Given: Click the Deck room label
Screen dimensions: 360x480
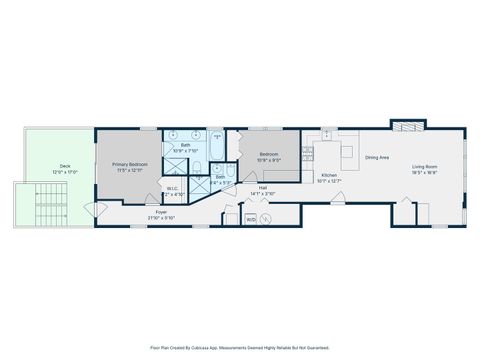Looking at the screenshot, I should (x=65, y=167).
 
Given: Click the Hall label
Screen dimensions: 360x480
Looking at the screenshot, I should (x=261, y=187).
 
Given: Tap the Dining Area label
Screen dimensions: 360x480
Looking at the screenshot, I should (x=376, y=157).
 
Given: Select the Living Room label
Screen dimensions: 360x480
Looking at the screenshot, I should (x=425, y=167).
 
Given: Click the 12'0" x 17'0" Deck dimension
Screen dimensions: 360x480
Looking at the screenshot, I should (x=65, y=173).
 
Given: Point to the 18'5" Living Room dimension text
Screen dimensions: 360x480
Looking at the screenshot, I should (x=425, y=173).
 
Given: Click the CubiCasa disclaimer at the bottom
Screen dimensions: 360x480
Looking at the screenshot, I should (x=240, y=347).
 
